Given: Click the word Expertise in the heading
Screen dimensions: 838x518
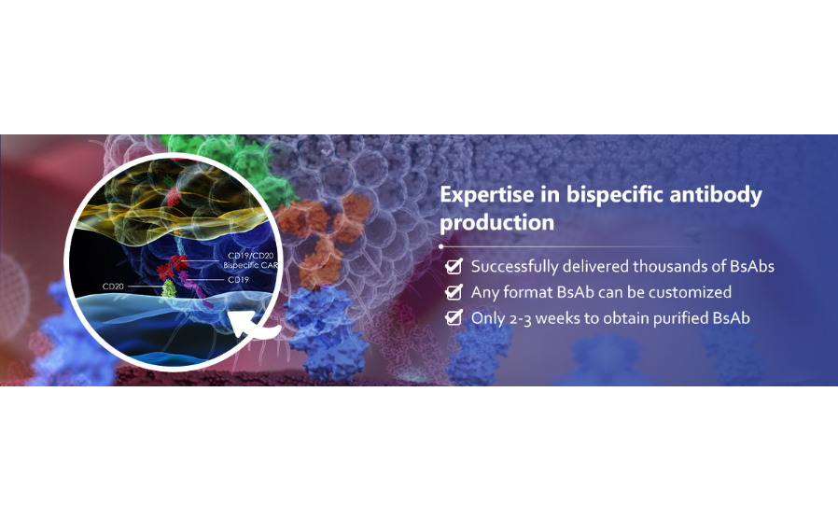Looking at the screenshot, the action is tap(486, 194).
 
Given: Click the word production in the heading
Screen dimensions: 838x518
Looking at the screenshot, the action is tap(496, 222).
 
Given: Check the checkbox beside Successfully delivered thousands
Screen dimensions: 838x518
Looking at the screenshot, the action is tap(454, 266).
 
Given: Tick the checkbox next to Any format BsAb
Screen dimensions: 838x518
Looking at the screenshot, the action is tap(454, 292).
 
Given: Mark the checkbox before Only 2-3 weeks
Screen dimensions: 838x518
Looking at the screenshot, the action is tap(454, 317).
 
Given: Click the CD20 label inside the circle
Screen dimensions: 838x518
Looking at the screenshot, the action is tap(113, 287).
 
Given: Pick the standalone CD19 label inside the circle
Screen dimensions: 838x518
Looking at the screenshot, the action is tap(238, 280).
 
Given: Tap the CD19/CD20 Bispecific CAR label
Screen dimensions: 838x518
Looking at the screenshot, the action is tap(251, 260).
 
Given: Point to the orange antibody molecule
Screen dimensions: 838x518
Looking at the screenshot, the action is tap(327, 235).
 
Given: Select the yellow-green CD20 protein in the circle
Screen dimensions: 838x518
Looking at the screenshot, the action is tap(168, 290).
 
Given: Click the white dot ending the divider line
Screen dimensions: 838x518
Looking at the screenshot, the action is tap(440, 247).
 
